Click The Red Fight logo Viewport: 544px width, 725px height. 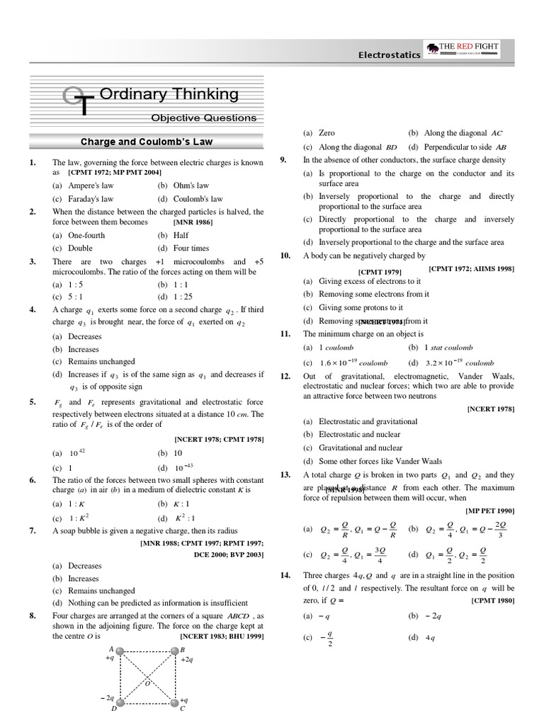463,50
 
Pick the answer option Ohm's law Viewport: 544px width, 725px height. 187,185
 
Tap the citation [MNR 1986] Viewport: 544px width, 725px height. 193,222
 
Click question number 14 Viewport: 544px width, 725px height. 286,576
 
